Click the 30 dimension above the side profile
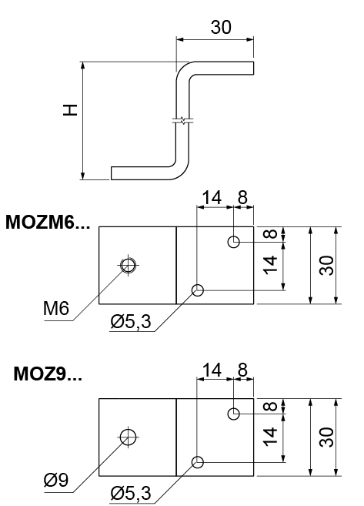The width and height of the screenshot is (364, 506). [221, 27]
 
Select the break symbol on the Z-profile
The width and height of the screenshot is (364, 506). [183, 121]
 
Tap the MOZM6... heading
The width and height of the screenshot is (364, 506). [48, 223]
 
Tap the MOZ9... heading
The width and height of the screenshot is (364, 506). [48, 374]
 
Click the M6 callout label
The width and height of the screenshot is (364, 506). [56, 308]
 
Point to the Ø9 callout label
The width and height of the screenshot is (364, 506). [56, 480]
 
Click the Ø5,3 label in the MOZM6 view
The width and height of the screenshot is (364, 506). [131, 321]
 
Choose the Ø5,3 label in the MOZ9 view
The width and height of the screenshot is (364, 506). [131, 493]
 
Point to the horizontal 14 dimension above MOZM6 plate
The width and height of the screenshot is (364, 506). [212, 197]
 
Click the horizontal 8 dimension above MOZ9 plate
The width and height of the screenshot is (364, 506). [242, 370]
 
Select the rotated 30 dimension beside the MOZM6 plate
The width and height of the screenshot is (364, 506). [326, 265]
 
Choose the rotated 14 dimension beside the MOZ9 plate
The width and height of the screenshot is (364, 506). [270, 437]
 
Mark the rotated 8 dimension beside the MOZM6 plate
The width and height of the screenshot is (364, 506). [270, 234]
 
